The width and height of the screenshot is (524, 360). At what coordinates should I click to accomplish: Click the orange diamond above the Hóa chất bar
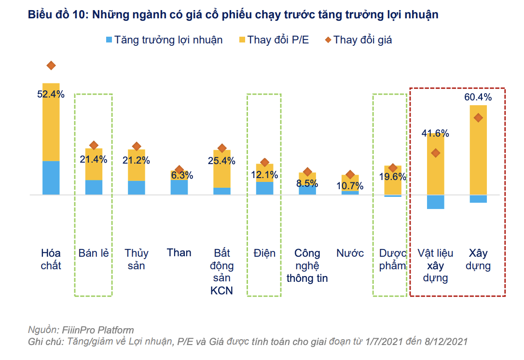pyautogui.click(x=51, y=66)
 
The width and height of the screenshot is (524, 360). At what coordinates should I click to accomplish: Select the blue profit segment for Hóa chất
pyautogui.click(x=51, y=178)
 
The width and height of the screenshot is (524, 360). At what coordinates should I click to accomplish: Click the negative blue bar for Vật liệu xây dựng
pyautogui.click(x=435, y=202)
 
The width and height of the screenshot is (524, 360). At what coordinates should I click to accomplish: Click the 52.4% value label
pyautogui.click(x=51, y=95)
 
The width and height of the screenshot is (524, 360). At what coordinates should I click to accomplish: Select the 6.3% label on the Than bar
pyautogui.click(x=179, y=176)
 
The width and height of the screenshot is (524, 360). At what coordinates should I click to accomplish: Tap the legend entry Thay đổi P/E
pyautogui.click(x=278, y=40)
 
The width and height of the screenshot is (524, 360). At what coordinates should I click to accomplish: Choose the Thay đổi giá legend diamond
pyautogui.click(x=328, y=40)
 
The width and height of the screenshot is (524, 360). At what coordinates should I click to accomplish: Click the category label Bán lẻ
pyautogui.click(x=94, y=253)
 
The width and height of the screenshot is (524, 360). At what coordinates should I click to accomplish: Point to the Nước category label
pyautogui.click(x=350, y=253)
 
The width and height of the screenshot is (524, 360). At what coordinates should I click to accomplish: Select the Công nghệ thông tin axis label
pyautogui.click(x=307, y=265)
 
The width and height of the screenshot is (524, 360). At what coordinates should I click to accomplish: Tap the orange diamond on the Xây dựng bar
pyautogui.click(x=478, y=117)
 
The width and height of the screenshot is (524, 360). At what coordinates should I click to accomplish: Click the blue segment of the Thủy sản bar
pyautogui.click(x=136, y=188)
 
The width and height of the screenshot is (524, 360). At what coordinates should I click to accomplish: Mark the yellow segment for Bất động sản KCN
pyautogui.click(x=222, y=169)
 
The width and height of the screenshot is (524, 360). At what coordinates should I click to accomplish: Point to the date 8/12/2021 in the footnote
pyautogui.click(x=444, y=342)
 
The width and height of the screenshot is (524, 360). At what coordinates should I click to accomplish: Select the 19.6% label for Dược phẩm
pyautogui.click(x=393, y=177)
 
